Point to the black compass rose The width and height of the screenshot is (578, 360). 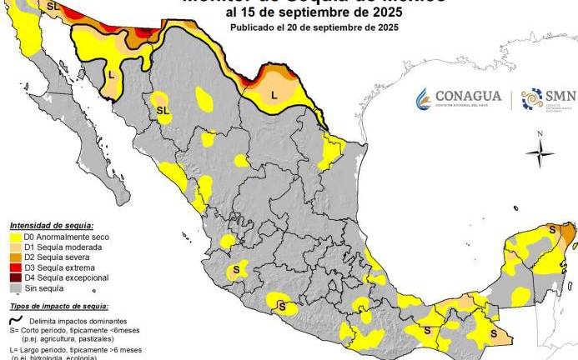click(x=540, y=151)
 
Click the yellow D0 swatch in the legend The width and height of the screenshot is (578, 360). click(x=15, y=237)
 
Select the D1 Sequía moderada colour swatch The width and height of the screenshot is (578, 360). click(x=15, y=247)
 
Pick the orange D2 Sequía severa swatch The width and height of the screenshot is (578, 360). click(x=15, y=257)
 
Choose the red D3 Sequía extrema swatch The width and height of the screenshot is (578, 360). click(x=15, y=267)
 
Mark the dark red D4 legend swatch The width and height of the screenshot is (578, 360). click(x=15, y=277)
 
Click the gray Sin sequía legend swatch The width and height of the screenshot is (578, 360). click(x=15, y=287)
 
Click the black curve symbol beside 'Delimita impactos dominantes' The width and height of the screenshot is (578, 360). click(x=16, y=319)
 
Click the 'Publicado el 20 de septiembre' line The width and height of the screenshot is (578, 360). click(x=314, y=27)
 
